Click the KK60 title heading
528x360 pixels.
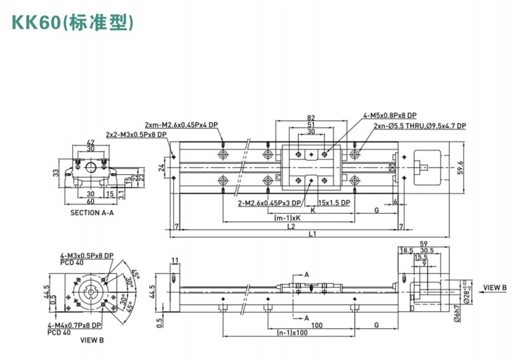72,23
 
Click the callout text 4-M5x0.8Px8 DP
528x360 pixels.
390,115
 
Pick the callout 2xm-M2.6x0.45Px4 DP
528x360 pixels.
181,124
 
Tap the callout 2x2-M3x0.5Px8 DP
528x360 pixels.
136,135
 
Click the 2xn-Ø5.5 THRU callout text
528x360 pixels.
420,126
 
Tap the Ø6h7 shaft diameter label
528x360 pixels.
454,317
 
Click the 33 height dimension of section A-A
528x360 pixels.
55,173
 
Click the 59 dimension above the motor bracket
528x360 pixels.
424,244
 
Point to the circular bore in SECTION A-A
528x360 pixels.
91,166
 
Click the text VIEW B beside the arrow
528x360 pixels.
495,287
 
